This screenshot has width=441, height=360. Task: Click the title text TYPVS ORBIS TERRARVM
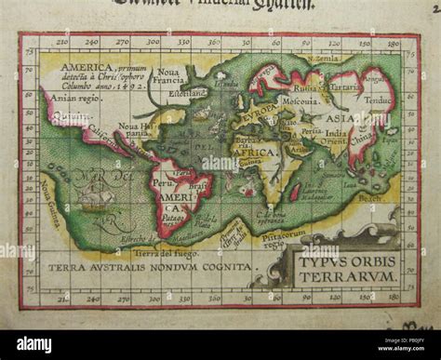[348, 267]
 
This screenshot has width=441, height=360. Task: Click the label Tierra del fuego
[157, 252]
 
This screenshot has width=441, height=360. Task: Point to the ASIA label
[336, 119]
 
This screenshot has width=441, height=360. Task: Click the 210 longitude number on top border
[61, 42]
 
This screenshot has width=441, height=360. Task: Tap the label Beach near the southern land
[369, 197]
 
